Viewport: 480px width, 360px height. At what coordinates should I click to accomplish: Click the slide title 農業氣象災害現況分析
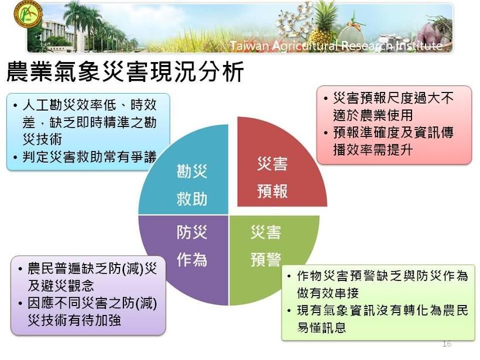coord(125,71)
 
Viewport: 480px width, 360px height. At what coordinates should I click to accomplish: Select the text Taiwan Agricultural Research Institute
coord(336,46)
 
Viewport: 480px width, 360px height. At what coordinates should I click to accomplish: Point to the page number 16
coord(447,344)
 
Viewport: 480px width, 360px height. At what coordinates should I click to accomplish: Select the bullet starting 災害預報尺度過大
coord(389,107)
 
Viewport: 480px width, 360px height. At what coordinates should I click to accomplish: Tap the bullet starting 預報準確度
coord(389,141)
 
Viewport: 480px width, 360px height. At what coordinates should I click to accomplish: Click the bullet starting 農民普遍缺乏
coord(88,277)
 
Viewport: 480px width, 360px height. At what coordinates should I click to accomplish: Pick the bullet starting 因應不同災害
coord(88,311)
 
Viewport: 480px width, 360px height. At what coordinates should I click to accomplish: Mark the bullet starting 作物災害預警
coord(378,284)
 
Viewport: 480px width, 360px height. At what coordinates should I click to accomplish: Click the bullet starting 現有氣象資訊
coord(378,318)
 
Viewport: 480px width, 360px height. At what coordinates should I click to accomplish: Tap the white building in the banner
coord(57,35)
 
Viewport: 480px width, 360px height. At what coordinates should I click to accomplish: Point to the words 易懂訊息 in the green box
coord(321,328)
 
